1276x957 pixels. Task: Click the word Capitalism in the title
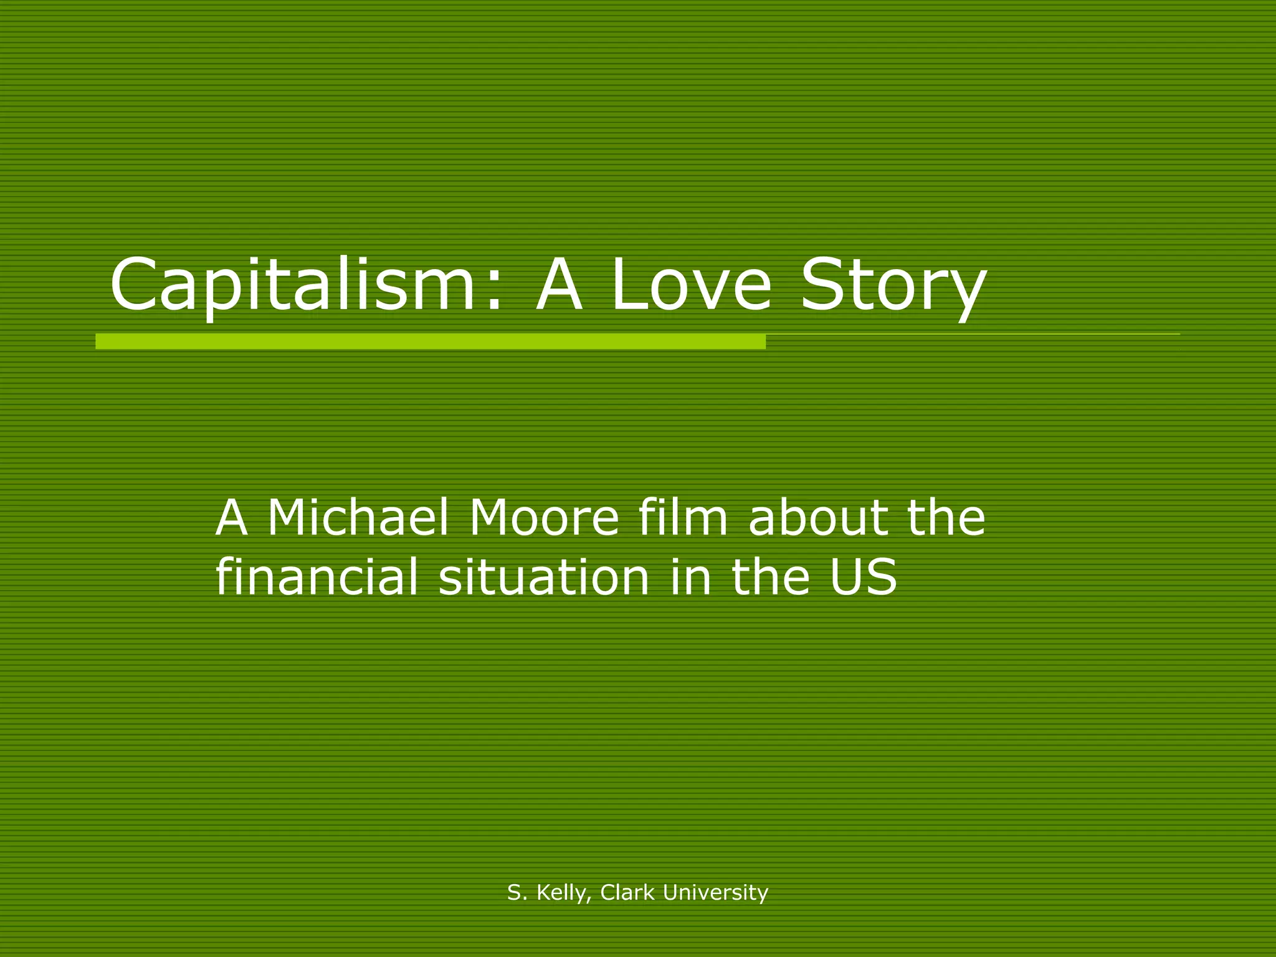(293, 285)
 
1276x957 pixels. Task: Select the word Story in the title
(893, 287)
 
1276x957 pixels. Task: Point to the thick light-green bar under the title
(430, 341)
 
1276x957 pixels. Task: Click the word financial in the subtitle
(317, 577)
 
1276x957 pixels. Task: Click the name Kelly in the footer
(561, 893)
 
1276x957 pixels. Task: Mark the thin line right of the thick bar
(972, 335)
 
